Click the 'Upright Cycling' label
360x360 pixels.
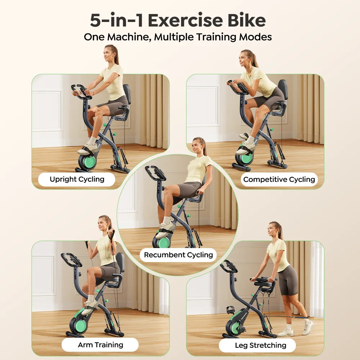[77, 179]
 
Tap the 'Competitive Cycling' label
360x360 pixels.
[279, 179]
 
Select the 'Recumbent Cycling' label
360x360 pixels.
[178, 255]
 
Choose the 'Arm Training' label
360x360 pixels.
[100, 345]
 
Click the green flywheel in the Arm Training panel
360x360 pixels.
[80, 325]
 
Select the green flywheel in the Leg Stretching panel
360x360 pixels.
[235, 328]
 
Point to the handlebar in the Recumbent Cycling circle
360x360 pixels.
[156, 173]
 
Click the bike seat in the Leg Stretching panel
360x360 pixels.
[263, 284]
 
